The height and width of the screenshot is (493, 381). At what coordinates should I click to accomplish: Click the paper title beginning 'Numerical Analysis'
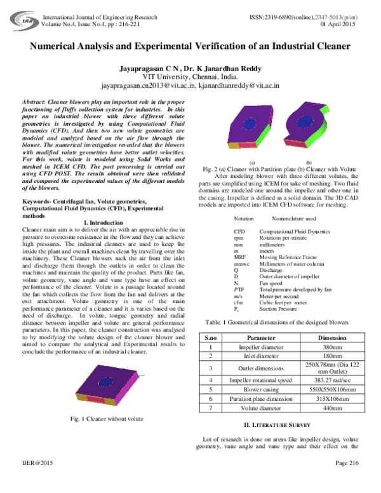[190, 48]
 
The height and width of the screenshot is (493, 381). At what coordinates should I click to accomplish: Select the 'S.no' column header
[210, 337]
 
